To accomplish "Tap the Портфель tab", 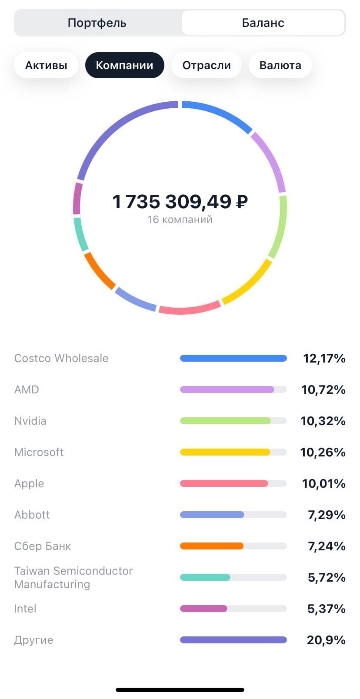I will [x=97, y=23].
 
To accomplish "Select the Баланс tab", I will [x=263, y=23].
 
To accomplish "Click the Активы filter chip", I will [x=46, y=66].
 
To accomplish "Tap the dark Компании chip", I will [x=124, y=66].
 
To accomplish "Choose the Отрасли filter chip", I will [x=206, y=66].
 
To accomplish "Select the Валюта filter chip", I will [x=280, y=66].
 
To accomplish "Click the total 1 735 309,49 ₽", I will [x=180, y=202].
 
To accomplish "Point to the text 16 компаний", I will [x=180, y=220].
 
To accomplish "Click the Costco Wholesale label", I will [x=61, y=358].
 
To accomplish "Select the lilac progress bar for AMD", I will [x=227, y=389].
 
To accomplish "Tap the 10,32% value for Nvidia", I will [x=323, y=421].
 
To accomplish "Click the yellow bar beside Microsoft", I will [x=225, y=452].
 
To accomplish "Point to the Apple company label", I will [x=29, y=483].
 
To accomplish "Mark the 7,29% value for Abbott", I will [x=327, y=515].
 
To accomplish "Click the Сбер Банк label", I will [x=43, y=546].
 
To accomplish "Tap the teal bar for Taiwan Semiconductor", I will [x=205, y=577].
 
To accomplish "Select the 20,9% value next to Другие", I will [x=326, y=640].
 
